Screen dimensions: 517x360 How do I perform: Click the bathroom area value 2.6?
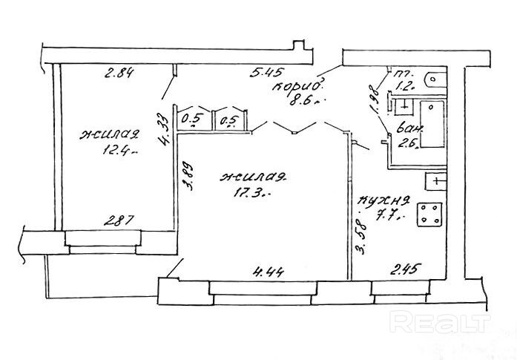click(406, 145)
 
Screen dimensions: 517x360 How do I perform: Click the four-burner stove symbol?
click(429, 216)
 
